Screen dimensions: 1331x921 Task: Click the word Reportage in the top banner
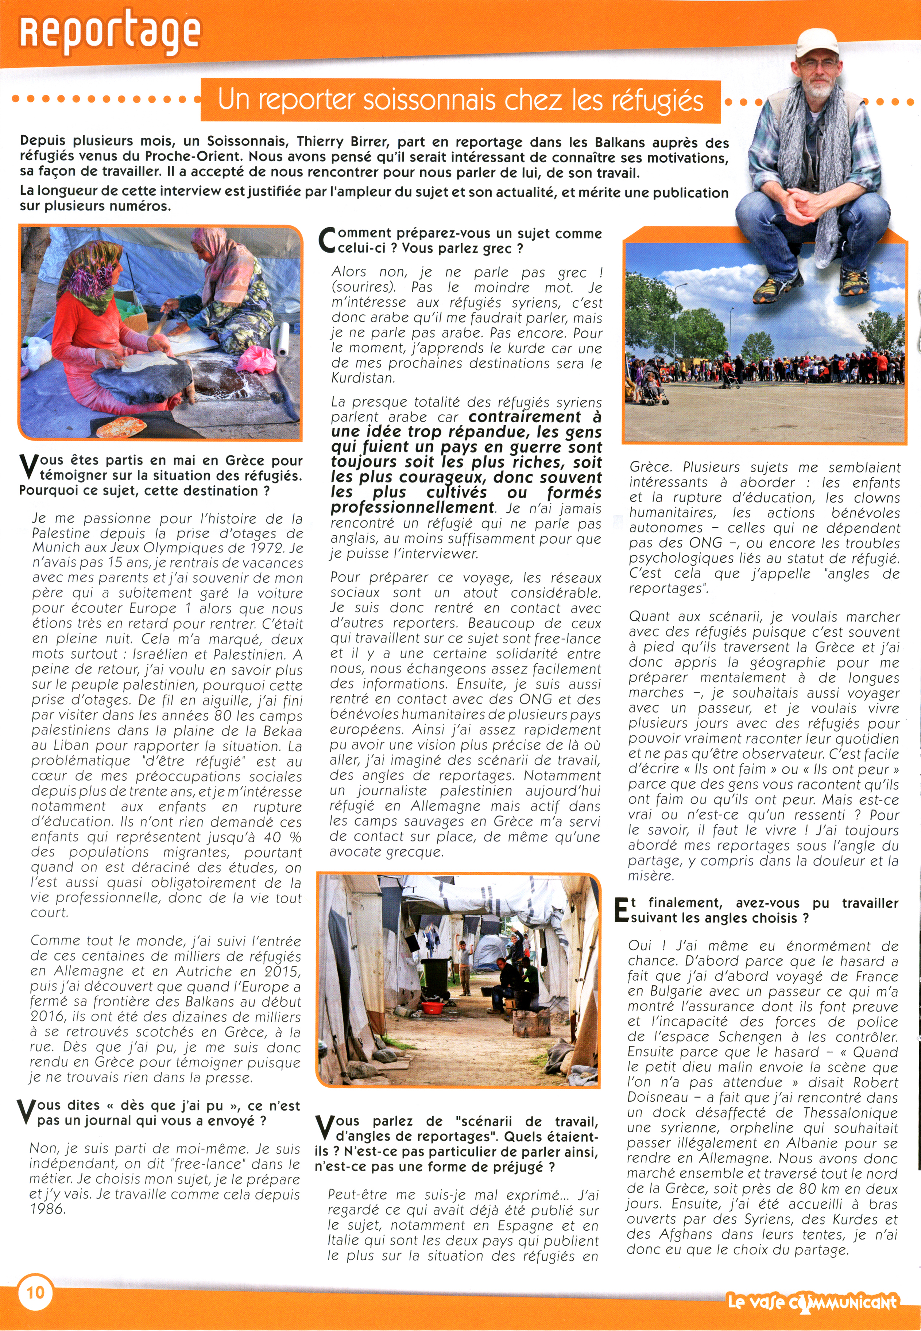(x=110, y=32)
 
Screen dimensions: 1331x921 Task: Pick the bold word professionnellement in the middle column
(x=412, y=508)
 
